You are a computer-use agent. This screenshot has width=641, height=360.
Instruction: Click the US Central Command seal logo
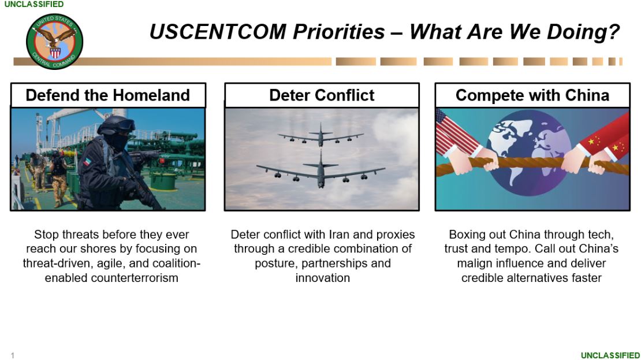coord(54,42)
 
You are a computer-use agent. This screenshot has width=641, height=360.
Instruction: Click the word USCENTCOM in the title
coord(218,32)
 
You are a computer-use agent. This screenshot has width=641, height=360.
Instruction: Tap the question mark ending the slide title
coord(614,32)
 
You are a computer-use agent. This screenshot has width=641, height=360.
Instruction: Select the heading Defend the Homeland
coord(108,95)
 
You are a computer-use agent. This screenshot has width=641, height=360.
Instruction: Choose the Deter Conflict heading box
coord(322,95)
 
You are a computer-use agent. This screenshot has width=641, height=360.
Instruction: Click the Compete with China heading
coord(532,95)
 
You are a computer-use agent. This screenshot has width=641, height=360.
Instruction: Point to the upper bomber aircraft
coord(321,135)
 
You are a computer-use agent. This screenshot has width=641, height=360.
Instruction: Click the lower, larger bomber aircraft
coord(321,170)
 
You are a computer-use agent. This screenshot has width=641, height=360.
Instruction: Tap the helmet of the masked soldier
coord(117,125)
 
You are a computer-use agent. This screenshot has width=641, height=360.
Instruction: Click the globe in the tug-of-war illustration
coord(530,152)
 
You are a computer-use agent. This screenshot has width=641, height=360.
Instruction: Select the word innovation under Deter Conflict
coord(323,278)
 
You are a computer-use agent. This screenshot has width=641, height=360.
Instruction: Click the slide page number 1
coord(13,355)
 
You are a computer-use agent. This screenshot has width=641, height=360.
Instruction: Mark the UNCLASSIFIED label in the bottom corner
coord(610,355)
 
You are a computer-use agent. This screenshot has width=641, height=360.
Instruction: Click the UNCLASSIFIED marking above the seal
coord(34,4)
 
